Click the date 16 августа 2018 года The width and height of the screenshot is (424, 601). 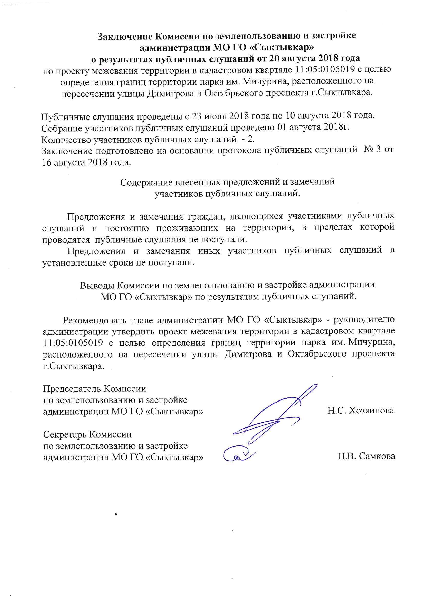click(x=86, y=162)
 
